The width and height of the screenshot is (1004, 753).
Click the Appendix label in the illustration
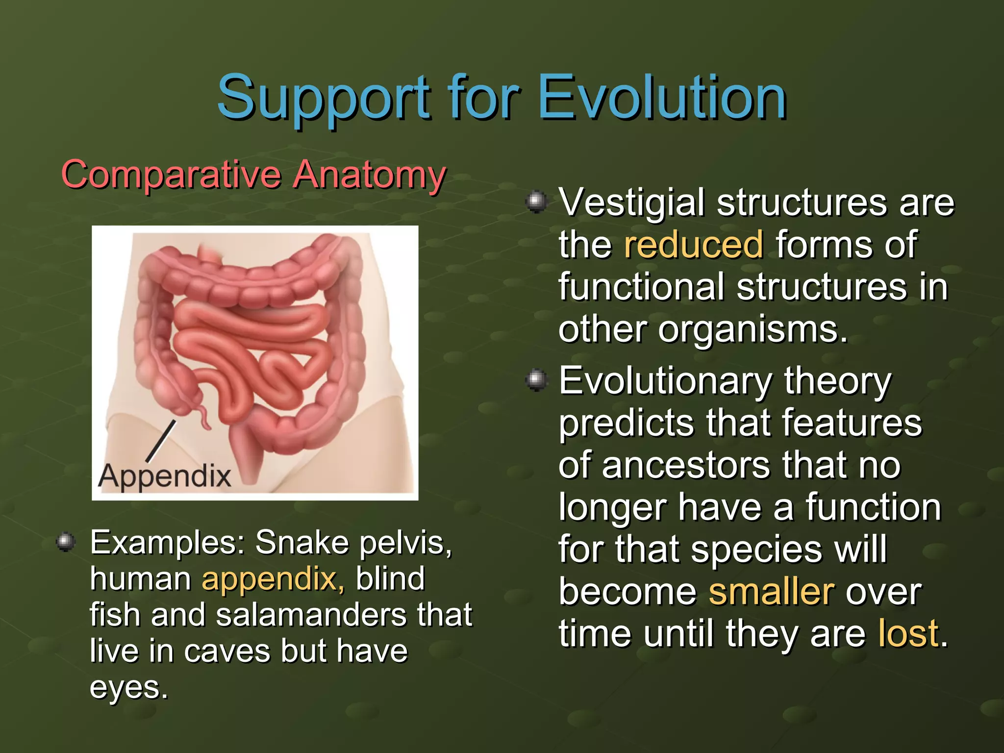coord(165,476)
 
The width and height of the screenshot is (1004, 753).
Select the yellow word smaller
coord(771,592)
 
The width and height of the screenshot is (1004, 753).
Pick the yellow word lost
coord(908,633)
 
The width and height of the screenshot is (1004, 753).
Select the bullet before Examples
coord(66,542)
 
